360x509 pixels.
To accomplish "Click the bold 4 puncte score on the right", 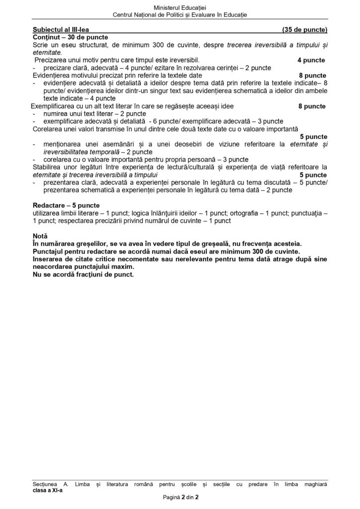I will [x=311, y=60].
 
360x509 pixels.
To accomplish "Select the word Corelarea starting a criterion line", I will [x=47, y=128].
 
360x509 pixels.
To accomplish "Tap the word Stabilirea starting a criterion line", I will [x=48, y=167].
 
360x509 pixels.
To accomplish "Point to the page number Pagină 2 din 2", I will [x=180, y=497].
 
